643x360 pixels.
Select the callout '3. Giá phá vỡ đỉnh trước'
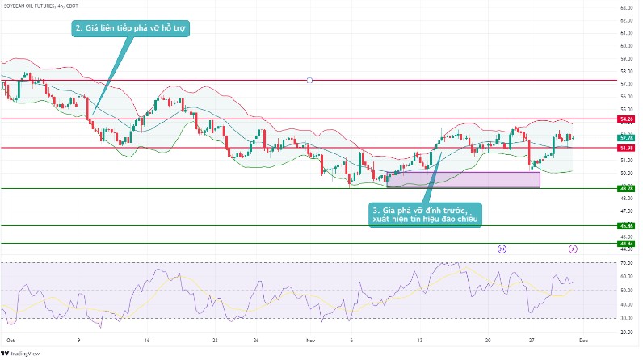pos(425,214)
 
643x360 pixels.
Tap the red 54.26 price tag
pos(624,119)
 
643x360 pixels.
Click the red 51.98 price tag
pos(624,148)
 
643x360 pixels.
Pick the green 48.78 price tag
pos(624,189)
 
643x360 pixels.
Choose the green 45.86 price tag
pos(624,225)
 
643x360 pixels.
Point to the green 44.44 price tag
pos(624,243)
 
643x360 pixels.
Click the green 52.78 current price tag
pos(624,137)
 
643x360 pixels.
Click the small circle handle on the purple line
pos(309,81)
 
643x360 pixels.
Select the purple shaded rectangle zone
pos(463,179)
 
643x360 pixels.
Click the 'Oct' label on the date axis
pos(10,340)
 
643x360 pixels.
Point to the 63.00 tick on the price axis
pos(624,8)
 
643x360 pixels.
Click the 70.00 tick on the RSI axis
pos(624,263)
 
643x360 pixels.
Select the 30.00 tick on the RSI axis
pos(624,319)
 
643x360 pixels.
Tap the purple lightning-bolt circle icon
pos(574,249)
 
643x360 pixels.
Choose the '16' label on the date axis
pos(147,340)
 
